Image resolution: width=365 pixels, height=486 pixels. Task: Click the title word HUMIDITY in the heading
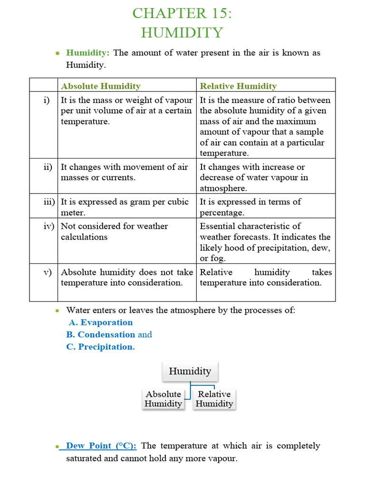(182, 33)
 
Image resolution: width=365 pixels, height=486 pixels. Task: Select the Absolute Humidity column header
(101, 86)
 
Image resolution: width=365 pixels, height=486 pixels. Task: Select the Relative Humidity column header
(238, 86)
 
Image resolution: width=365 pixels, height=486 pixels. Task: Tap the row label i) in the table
(47, 100)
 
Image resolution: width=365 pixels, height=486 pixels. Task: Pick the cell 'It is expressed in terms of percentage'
(250, 207)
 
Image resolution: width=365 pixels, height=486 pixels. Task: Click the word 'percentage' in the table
(222, 213)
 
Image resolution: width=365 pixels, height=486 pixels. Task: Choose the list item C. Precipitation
(100, 346)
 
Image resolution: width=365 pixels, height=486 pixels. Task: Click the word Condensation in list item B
(106, 335)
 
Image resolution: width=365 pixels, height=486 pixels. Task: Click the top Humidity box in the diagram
(190, 371)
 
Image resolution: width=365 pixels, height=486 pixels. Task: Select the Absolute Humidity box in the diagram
(163, 399)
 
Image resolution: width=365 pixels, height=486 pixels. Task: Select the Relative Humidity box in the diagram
(214, 399)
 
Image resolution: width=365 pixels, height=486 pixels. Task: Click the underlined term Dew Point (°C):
(101, 446)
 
